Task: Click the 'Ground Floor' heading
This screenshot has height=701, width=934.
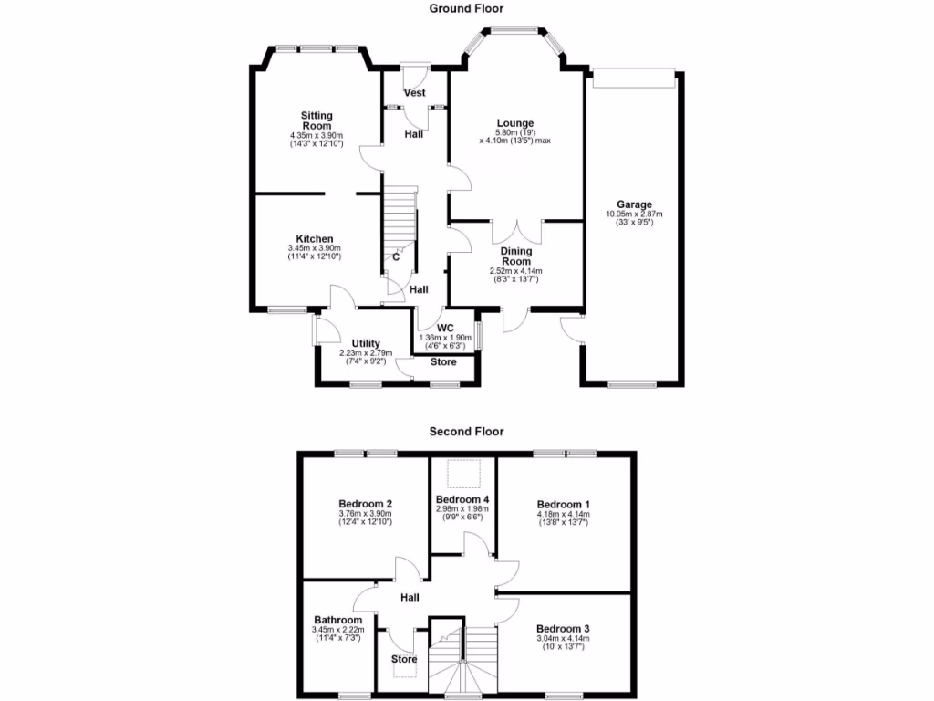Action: tap(466, 8)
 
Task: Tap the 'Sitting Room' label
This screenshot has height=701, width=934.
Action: tap(317, 120)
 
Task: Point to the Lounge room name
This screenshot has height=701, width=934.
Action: tap(514, 123)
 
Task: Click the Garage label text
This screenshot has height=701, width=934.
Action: tap(634, 204)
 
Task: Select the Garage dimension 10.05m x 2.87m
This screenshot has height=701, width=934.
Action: tap(634, 214)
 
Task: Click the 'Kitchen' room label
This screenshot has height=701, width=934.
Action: tap(314, 239)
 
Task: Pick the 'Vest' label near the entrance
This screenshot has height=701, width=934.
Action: tap(415, 93)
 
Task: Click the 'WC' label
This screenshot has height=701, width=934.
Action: tap(445, 328)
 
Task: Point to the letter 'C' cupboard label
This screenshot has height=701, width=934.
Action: tap(396, 256)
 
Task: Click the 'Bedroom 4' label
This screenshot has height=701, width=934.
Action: tap(462, 499)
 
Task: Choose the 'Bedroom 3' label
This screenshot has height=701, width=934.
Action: tap(563, 629)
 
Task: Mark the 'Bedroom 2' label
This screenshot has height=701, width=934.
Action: tap(365, 504)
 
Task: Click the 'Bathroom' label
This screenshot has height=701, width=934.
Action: tap(337, 620)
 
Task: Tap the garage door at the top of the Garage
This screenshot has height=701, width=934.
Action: tap(634, 79)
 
